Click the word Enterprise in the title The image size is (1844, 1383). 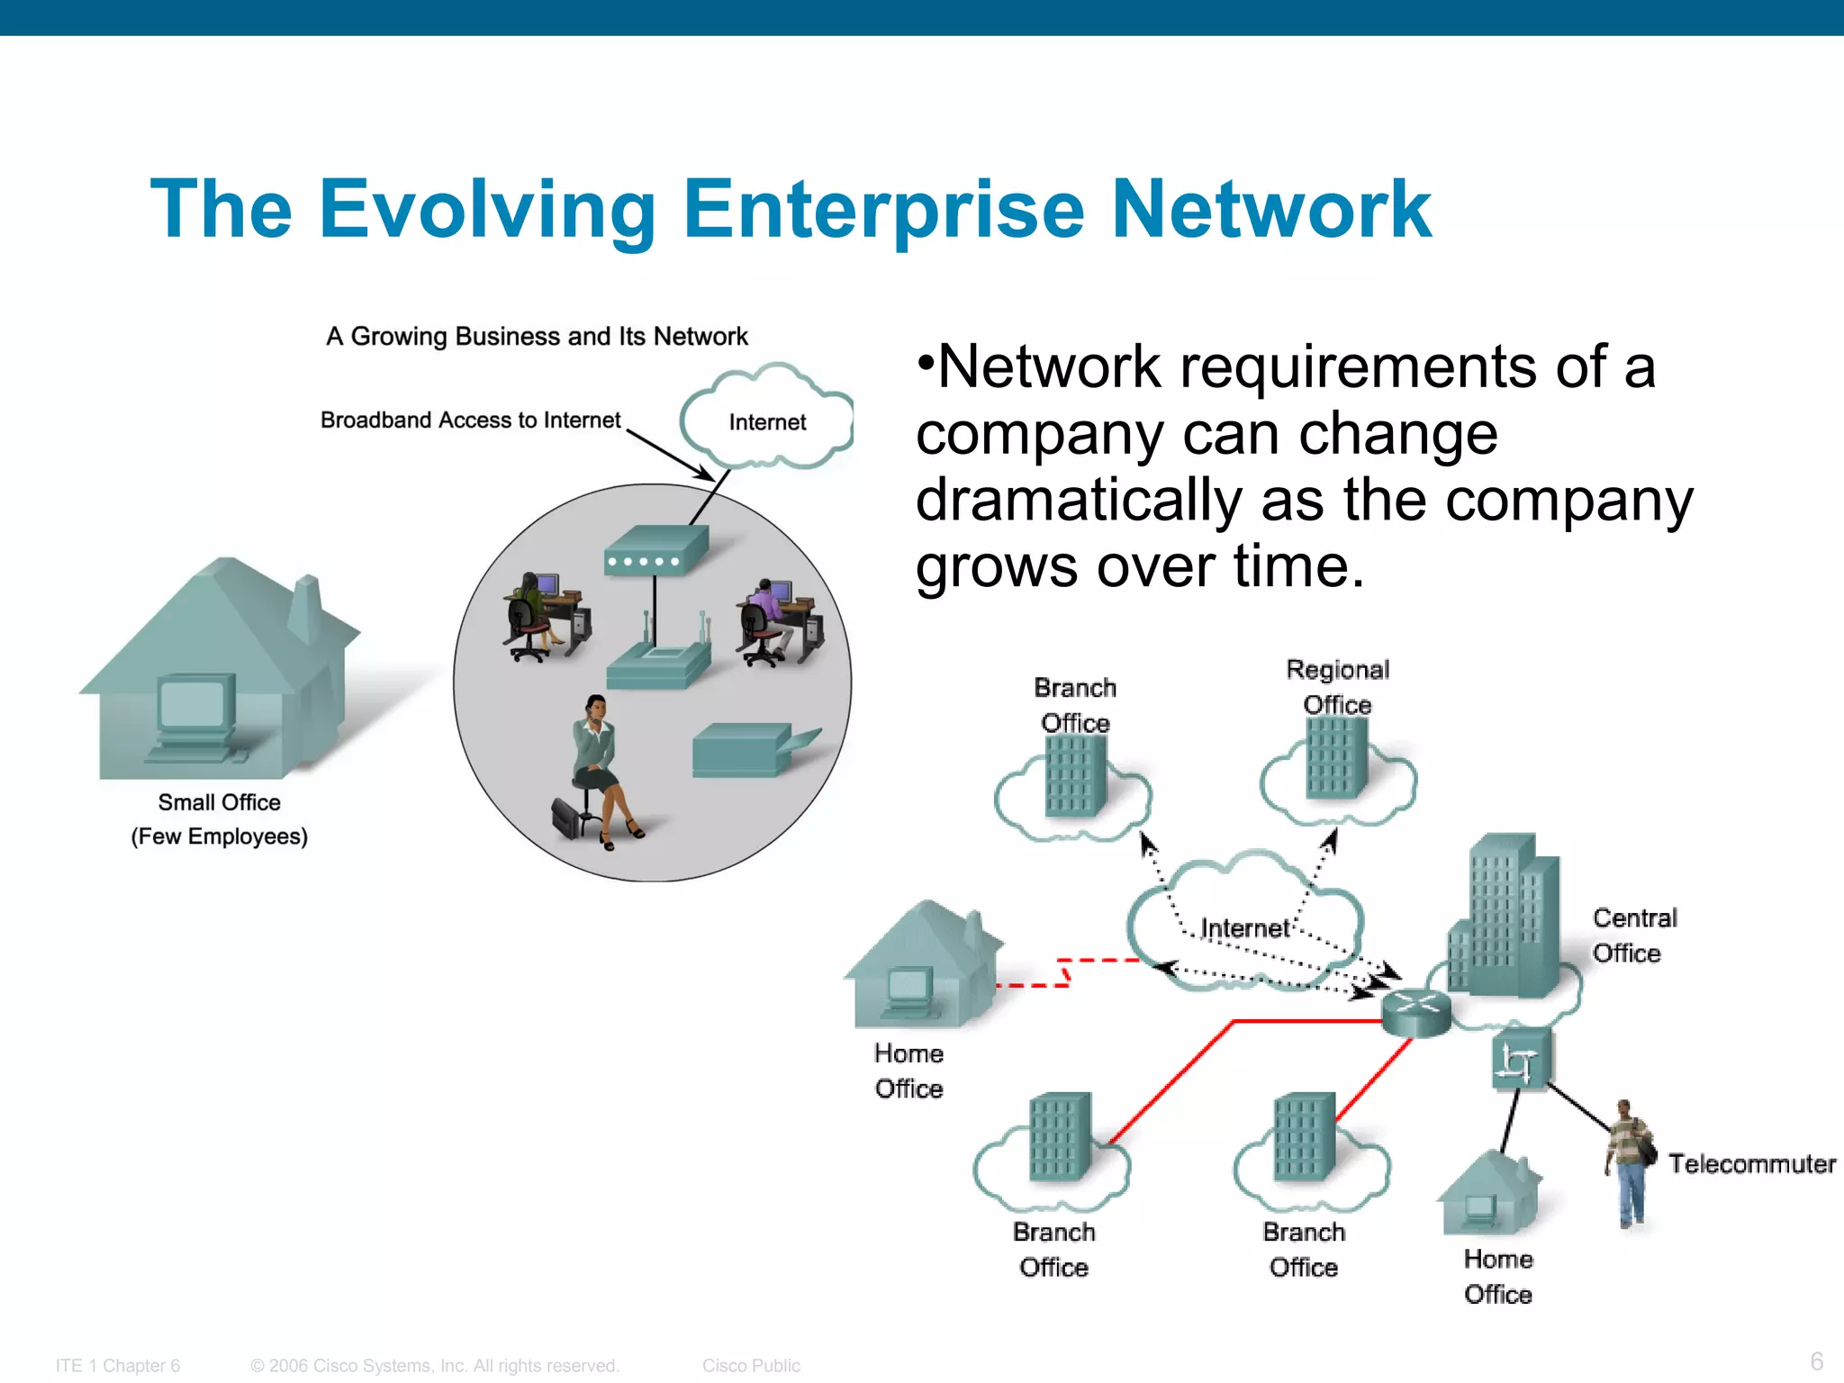tap(882, 211)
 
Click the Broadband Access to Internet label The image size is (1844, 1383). tap(470, 420)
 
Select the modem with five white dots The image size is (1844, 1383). tap(655, 551)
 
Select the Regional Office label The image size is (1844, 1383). tap(1338, 686)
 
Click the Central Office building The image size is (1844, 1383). tap(1505, 918)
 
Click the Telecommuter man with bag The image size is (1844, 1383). tap(1631, 1162)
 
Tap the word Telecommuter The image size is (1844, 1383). tap(1751, 1163)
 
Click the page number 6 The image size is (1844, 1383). tap(1816, 1360)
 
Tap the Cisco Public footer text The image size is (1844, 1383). tap(751, 1365)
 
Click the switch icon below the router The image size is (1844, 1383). tap(1519, 1061)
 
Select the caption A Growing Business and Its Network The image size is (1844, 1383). tap(537, 336)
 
